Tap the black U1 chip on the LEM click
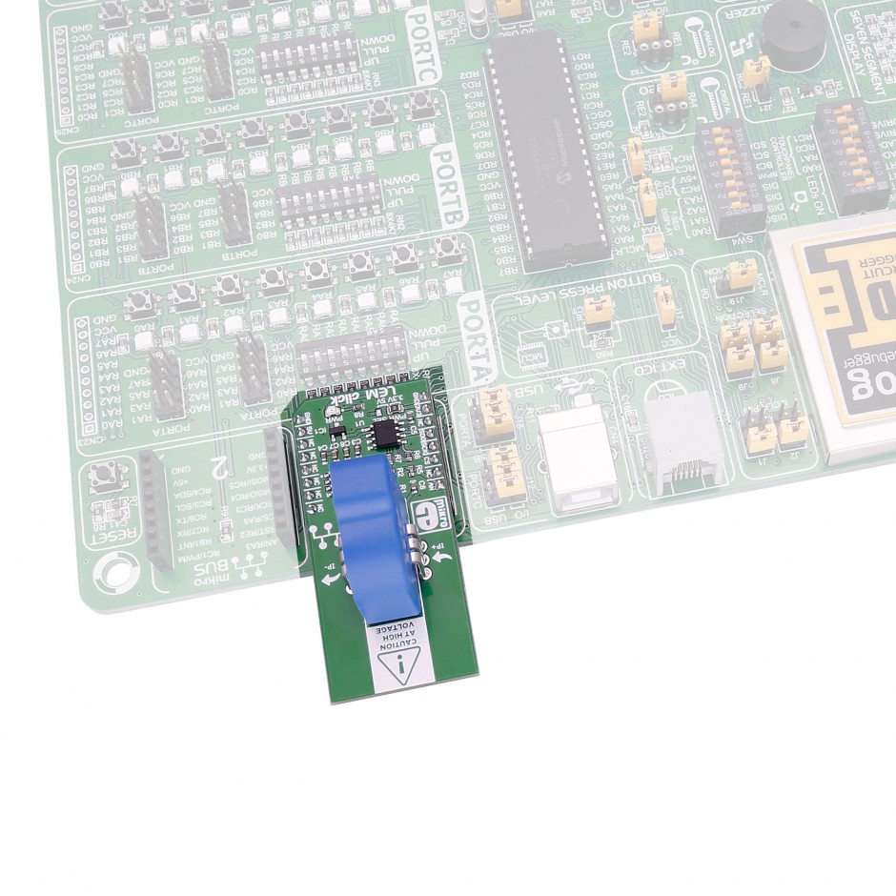click(x=387, y=435)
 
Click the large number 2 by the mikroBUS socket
click(x=218, y=466)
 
